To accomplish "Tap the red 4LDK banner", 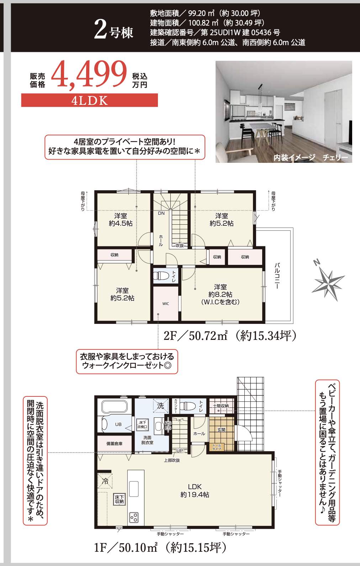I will coord(89,101).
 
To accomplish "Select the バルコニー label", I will coord(277,276).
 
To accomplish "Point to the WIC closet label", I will coord(166,304).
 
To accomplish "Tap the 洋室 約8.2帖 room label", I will coord(220,294).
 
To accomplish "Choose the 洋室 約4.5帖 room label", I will coord(121,220).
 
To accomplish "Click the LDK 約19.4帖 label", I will coord(195,490).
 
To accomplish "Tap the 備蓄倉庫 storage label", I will coord(114,444).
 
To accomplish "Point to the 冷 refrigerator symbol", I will coord(105,482).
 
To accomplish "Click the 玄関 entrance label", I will coord(221,430).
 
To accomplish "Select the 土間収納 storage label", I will coord(221,406).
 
